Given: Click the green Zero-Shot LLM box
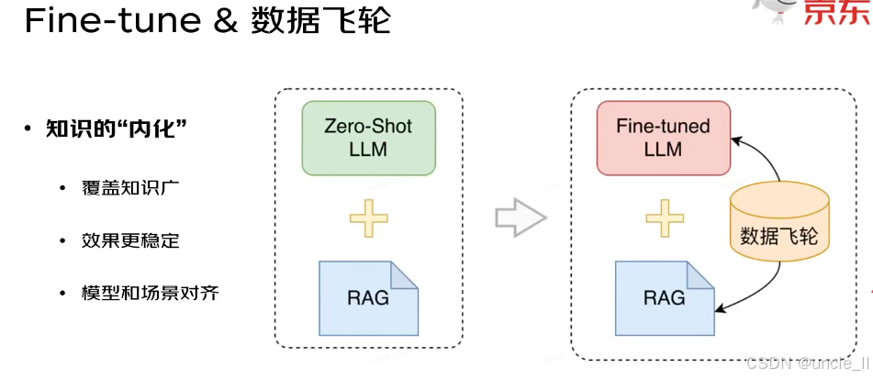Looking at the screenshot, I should [368, 139].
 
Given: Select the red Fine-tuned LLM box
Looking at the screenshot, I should [663, 138].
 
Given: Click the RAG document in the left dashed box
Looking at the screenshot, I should [368, 297].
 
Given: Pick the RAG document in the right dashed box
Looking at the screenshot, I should [663, 297].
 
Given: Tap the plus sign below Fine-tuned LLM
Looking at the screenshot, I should [665, 218].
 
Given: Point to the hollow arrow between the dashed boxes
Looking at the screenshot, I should [520, 218].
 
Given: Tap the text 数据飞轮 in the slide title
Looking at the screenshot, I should [320, 22].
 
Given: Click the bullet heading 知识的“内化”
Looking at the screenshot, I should [117, 128].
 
